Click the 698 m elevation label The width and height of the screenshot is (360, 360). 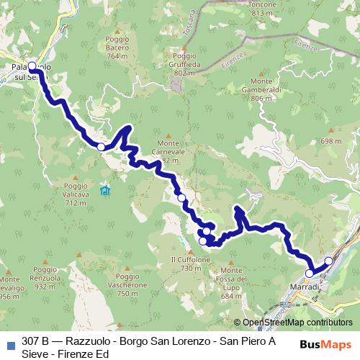click(x=329, y=142)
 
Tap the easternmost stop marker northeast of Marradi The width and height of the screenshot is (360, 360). click(x=329, y=261)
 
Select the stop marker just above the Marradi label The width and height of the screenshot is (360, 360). click(x=310, y=274)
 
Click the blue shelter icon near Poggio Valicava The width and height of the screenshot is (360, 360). click(x=106, y=191)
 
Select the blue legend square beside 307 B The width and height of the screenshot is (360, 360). click(x=10, y=343)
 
